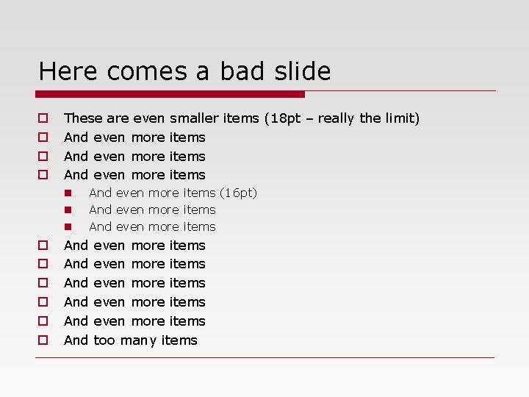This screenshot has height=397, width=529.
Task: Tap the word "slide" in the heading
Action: coord(303,71)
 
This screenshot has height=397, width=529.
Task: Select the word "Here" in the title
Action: coord(69,71)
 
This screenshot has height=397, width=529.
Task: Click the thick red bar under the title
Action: coord(170,94)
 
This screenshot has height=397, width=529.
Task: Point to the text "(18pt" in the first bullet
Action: coord(282,118)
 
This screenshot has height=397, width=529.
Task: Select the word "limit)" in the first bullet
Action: coord(402,118)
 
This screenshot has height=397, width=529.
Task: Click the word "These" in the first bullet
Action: coord(83,118)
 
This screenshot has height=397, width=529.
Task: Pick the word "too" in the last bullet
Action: coord(104,340)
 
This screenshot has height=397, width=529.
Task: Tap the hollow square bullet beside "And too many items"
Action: coord(43,340)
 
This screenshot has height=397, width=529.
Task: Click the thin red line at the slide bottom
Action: coord(264,358)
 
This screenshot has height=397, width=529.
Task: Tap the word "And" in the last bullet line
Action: coord(76,340)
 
